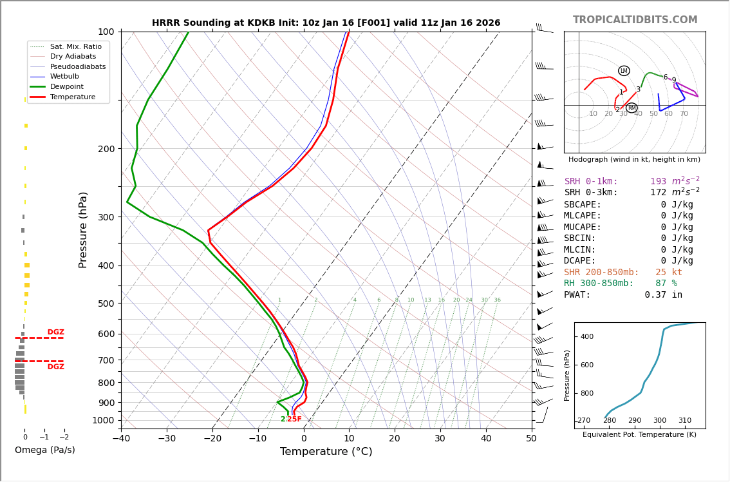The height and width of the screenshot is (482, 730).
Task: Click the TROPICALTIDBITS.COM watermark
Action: pos(635,20)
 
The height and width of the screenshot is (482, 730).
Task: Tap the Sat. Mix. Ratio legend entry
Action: pos(75,46)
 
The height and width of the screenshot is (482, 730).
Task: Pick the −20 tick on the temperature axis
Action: pos(212,439)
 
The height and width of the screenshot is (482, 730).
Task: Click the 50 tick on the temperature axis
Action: pos(531,439)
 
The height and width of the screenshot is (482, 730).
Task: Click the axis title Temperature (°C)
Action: pos(326,452)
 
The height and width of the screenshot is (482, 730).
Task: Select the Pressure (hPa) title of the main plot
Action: pos(83,229)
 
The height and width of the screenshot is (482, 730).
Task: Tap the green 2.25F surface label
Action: pos(291,419)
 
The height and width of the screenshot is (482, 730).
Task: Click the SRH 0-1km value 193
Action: pos(658,182)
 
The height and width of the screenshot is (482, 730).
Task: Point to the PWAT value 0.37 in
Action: pos(663,295)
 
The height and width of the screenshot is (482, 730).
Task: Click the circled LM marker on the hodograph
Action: pos(624,71)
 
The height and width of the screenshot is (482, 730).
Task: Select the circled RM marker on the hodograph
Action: pos(632,108)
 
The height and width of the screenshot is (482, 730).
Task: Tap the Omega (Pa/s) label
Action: pos(44,450)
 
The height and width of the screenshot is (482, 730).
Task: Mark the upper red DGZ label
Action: pos(55,333)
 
